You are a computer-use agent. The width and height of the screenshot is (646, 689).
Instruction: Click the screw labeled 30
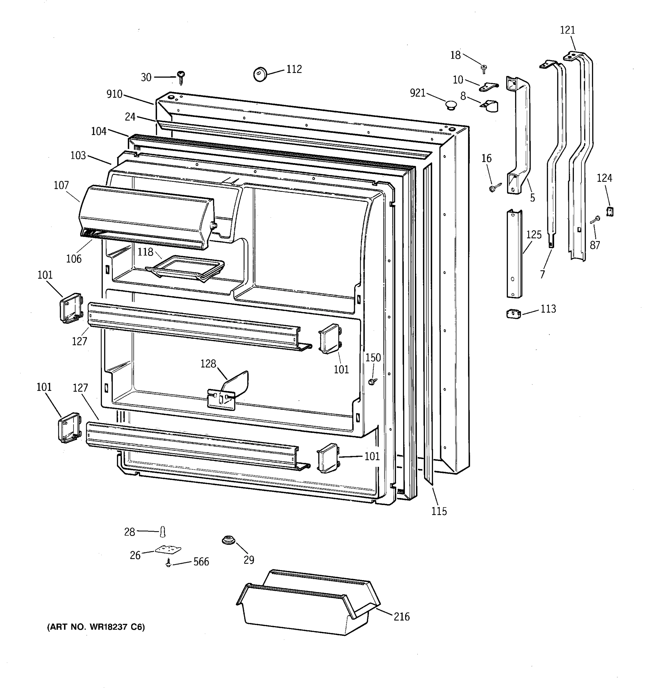click(x=181, y=77)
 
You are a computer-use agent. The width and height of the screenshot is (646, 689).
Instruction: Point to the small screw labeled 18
click(x=484, y=69)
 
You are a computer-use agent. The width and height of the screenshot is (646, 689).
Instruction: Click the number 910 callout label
click(x=114, y=94)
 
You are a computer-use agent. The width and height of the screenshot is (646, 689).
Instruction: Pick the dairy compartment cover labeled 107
click(x=146, y=217)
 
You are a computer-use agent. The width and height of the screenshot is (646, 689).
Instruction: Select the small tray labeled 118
click(x=185, y=268)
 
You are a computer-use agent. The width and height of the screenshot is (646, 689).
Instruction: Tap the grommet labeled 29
click(x=228, y=540)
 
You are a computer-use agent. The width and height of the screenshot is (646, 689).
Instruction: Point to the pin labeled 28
click(x=163, y=531)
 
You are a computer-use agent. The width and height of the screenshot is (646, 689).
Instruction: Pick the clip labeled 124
click(x=610, y=211)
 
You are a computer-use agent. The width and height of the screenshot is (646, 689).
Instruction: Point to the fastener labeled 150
click(x=373, y=382)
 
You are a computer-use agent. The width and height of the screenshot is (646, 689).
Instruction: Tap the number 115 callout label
click(x=439, y=511)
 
